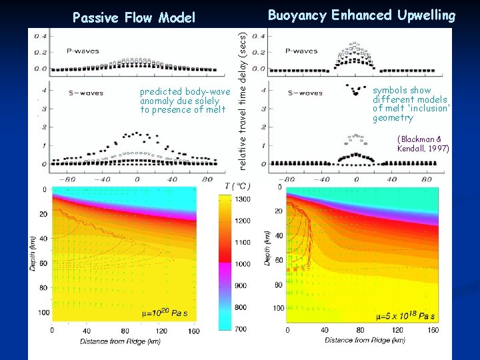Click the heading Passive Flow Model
click(x=133, y=17)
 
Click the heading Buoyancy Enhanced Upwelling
click(x=361, y=15)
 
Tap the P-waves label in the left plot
click(x=79, y=50)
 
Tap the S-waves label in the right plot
click(x=305, y=93)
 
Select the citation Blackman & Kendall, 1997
click(x=423, y=143)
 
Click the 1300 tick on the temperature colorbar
click(x=242, y=199)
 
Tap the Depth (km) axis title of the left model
click(x=31, y=252)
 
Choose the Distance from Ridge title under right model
click(x=365, y=340)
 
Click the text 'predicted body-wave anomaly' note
click(x=184, y=101)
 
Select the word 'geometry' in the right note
click(x=393, y=118)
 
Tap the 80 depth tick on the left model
click(x=43, y=288)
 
